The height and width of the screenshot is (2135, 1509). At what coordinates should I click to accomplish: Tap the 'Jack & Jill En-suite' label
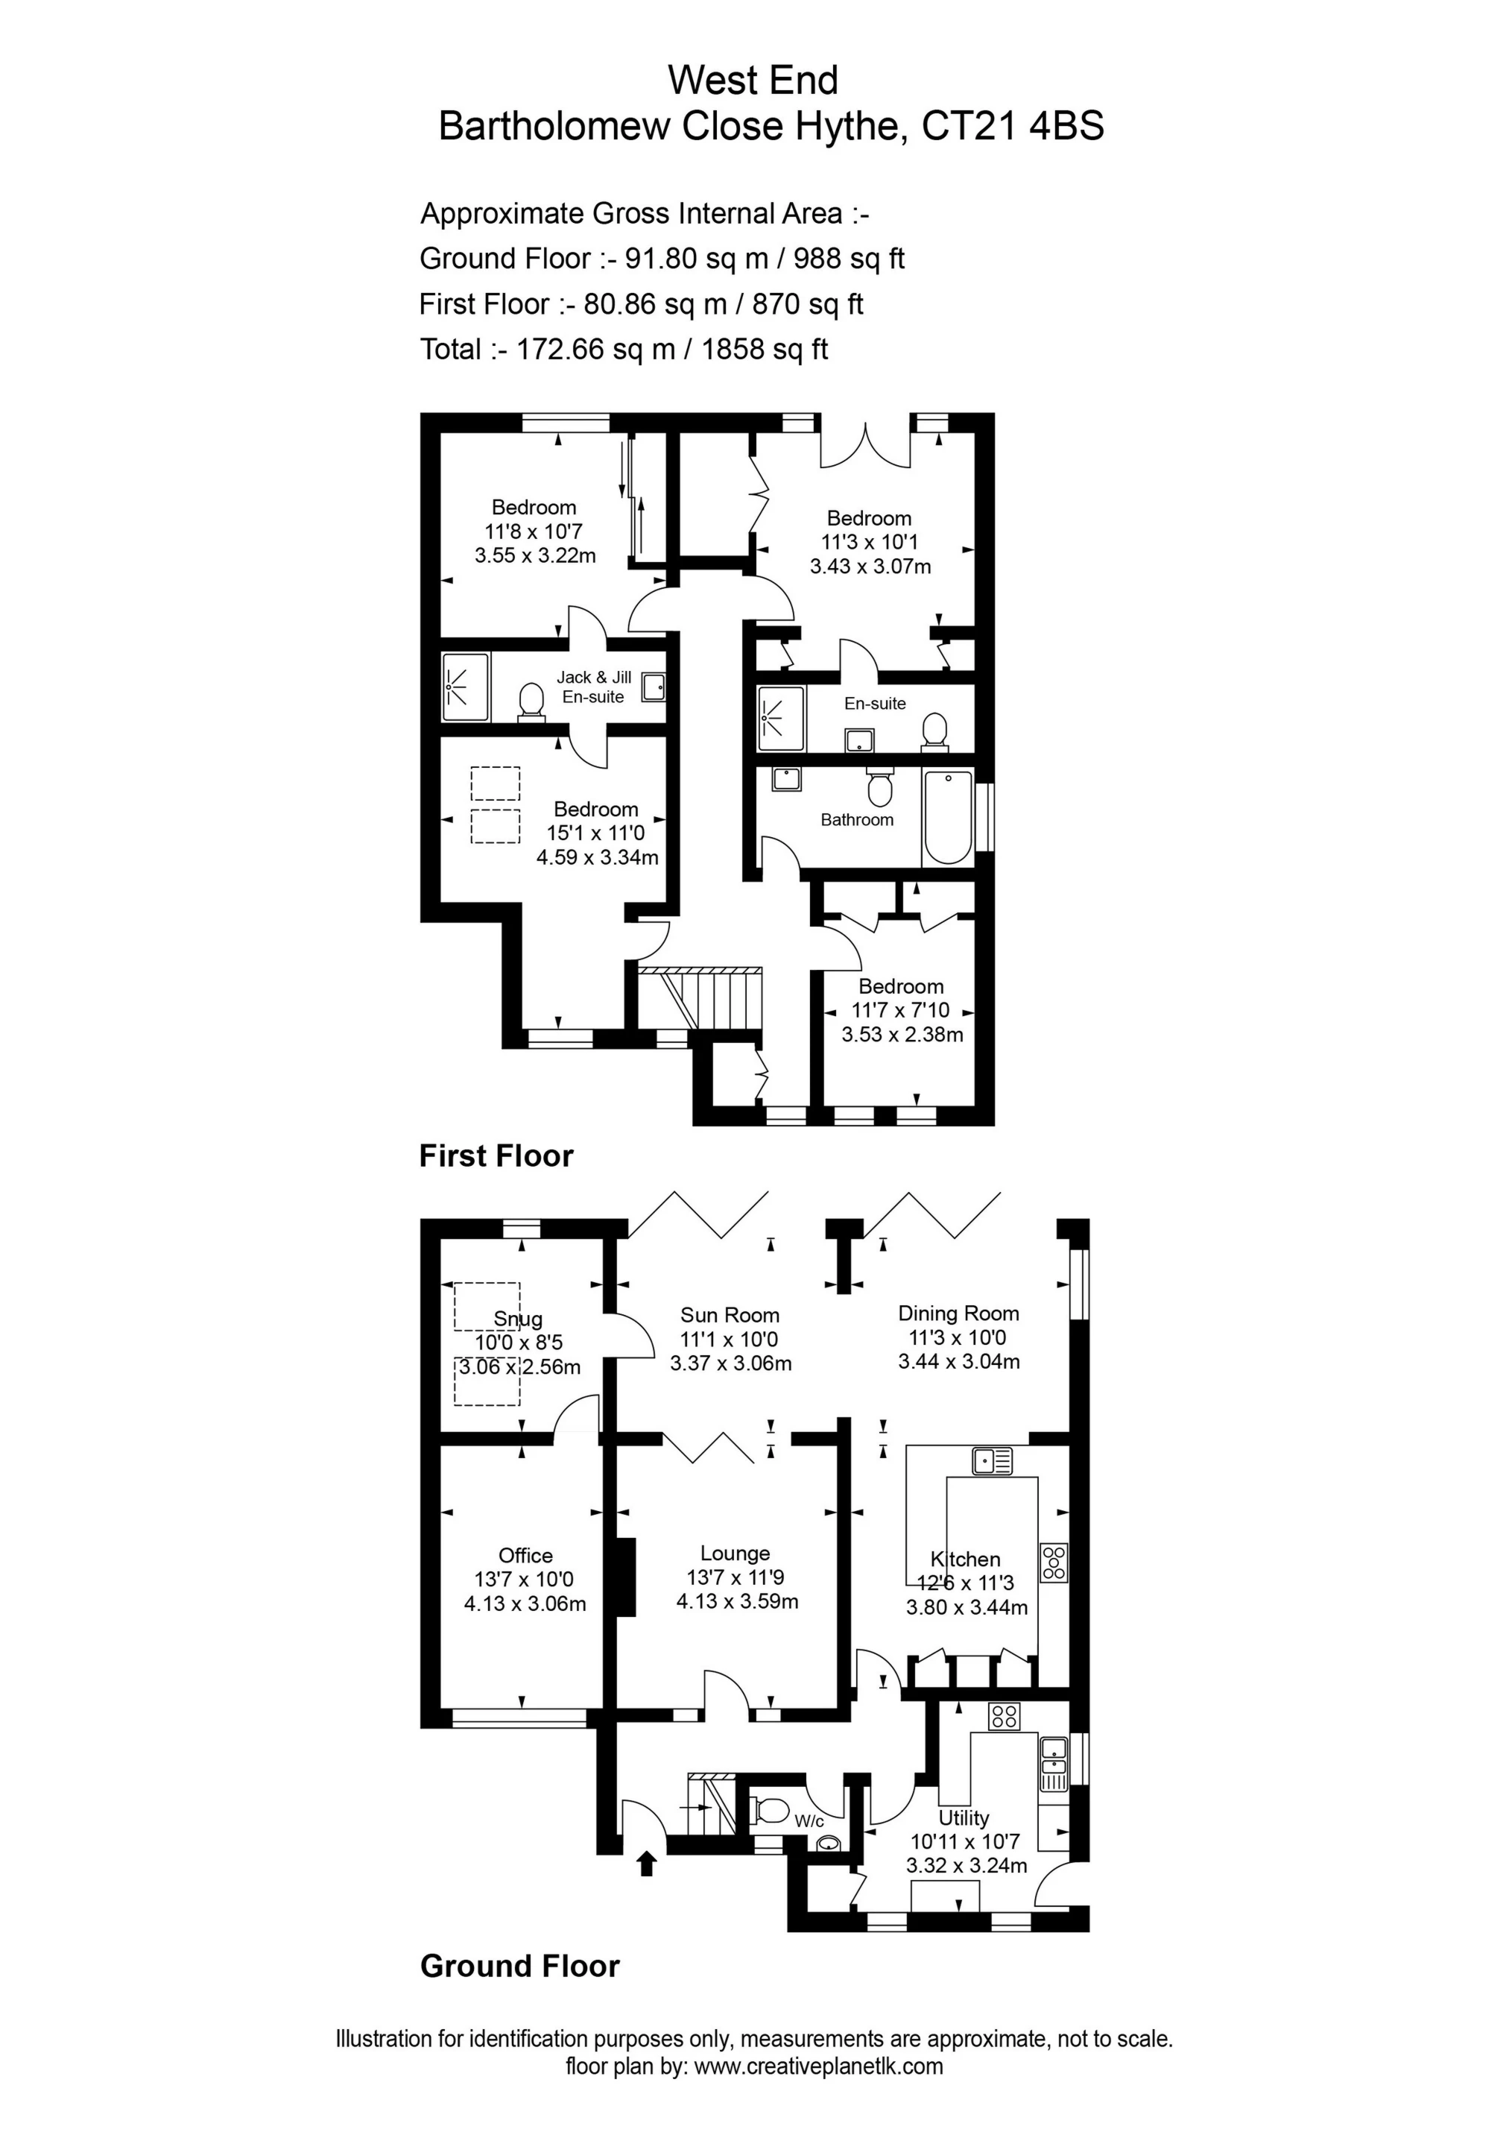(593, 687)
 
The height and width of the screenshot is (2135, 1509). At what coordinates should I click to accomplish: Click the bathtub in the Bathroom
(947, 817)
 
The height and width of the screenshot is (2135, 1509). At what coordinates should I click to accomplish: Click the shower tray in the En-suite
(780, 719)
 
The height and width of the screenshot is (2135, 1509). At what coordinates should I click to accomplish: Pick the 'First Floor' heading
(496, 1156)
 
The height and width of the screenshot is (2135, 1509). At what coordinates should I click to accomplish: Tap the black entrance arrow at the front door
(647, 1864)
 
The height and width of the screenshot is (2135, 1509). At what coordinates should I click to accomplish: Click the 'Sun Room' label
(730, 1315)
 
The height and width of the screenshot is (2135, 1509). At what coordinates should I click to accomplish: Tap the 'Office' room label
(525, 1555)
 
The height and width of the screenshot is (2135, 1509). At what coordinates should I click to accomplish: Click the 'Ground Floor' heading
(519, 1966)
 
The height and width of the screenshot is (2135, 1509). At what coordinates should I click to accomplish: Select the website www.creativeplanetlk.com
(818, 2066)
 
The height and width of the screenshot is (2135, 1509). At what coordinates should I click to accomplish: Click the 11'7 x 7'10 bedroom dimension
(900, 1010)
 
